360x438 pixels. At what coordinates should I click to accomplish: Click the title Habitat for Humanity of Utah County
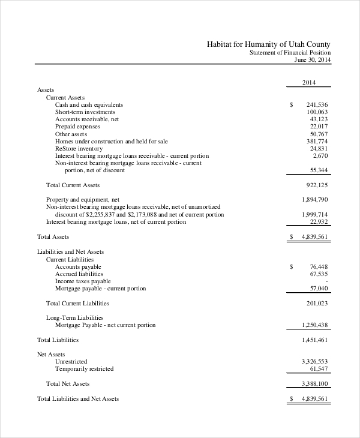[268, 44]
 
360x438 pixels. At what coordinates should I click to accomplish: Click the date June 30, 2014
[312, 59]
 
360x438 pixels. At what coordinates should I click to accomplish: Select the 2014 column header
[308, 83]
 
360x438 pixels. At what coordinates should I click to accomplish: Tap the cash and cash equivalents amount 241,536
[317, 104]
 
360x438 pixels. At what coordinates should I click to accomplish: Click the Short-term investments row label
[85, 112]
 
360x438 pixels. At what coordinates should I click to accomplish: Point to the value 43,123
[319, 119]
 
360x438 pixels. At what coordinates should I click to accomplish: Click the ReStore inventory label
[79, 148]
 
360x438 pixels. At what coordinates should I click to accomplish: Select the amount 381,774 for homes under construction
[317, 141]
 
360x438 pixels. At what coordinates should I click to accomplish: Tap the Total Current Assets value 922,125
[317, 185]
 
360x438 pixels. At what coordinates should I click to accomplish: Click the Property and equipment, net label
[83, 199]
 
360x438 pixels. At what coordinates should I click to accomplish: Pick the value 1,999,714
[314, 214]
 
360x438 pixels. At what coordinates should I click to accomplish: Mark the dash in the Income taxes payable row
[326, 281]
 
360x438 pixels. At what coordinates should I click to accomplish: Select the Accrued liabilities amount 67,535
[319, 274]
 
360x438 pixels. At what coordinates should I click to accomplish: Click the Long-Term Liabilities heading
[74, 317]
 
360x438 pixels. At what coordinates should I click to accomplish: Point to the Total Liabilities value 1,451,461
[314, 340]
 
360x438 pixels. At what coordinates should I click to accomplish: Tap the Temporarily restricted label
[84, 368]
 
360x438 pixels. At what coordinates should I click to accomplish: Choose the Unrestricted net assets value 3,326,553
[314, 361]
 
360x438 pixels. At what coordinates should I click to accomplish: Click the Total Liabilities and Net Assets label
[78, 398]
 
